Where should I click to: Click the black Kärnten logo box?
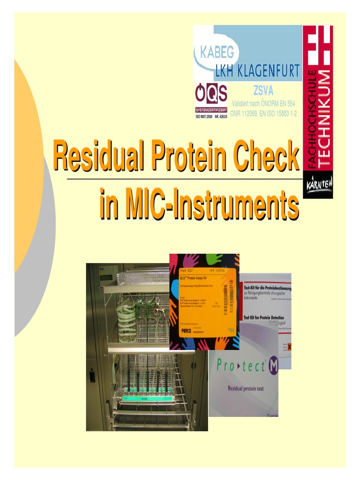pyautogui.click(x=318, y=184)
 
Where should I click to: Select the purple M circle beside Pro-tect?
pyautogui.click(x=272, y=366)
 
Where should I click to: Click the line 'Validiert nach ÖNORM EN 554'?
pyautogui.click(x=263, y=104)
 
